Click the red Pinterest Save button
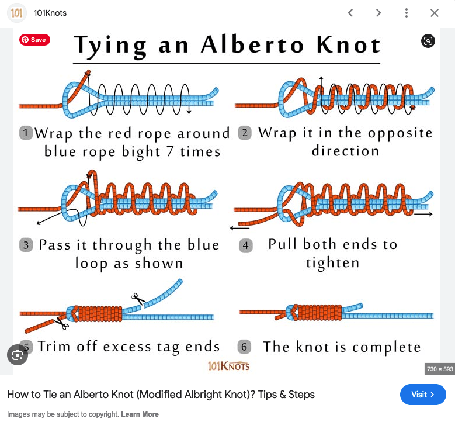(34, 40)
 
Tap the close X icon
(435, 13)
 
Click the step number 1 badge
(26, 133)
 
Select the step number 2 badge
(245, 133)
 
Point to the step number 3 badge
(26, 245)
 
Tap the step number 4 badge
(245, 245)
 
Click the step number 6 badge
(244, 347)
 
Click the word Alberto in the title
(252, 45)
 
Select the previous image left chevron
(350, 13)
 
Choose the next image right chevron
(378, 13)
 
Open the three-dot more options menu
(407, 13)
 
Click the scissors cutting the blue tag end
(138, 299)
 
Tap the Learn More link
(140, 414)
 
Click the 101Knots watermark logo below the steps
(228, 366)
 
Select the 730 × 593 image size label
(440, 369)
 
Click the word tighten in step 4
(333, 263)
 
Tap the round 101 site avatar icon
(16, 13)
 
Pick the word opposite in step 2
(400, 134)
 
